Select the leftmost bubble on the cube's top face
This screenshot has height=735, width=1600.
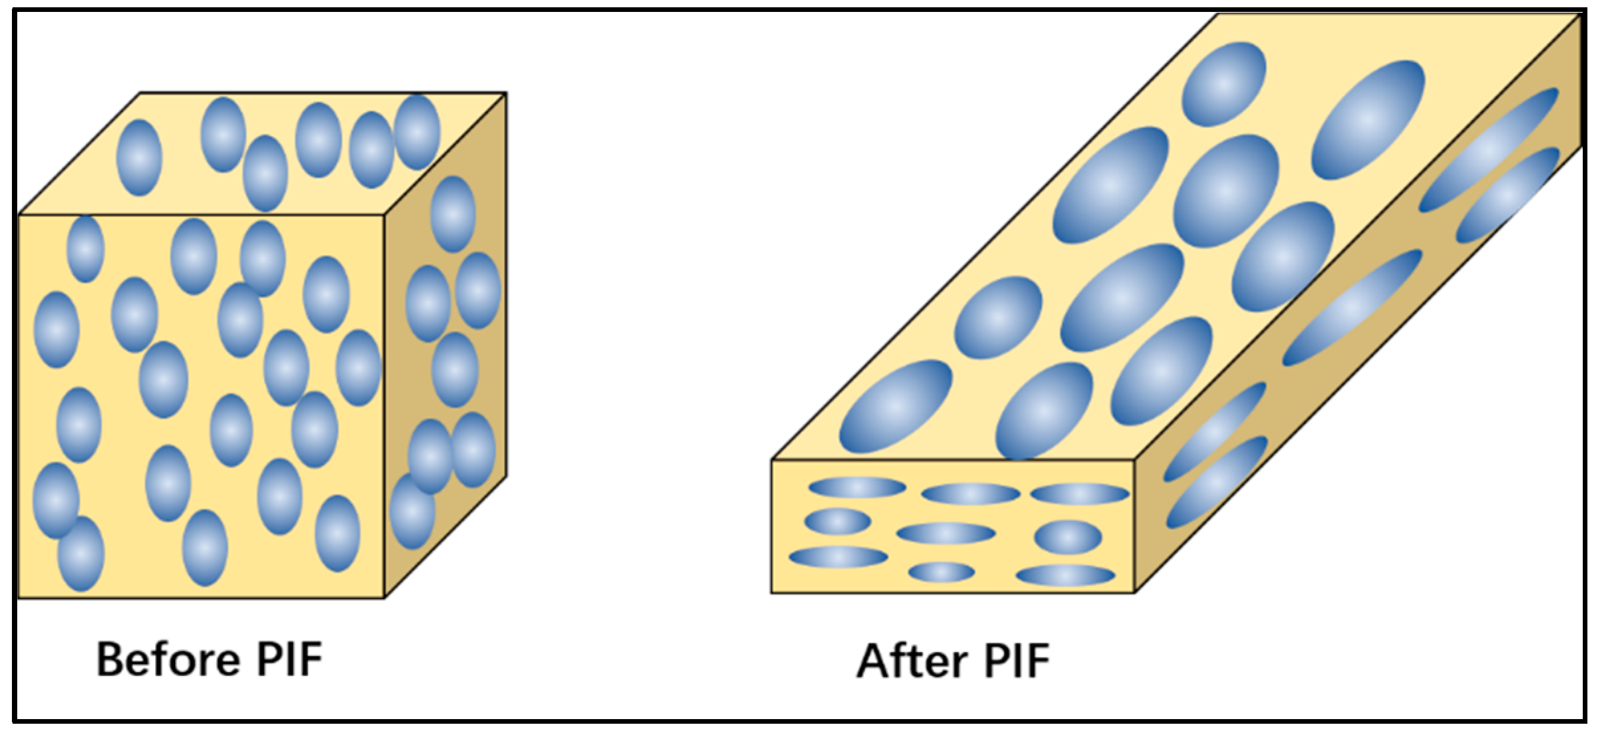(139, 158)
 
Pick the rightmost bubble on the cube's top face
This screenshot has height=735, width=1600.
(417, 133)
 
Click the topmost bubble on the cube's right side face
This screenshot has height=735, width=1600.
(453, 214)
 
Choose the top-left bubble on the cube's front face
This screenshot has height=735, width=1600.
(86, 249)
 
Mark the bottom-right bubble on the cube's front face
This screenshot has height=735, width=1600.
(338, 534)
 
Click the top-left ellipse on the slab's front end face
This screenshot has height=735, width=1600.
(857, 488)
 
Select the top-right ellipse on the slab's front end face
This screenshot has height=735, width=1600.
(1079, 494)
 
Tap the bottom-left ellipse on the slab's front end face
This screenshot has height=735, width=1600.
(838, 557)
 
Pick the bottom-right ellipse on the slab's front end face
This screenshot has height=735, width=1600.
(1066, 575)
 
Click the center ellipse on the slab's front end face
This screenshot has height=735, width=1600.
(946, 534)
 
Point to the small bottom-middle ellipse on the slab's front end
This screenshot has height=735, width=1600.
(942, 572)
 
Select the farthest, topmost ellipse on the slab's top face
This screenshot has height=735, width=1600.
(1224, 84)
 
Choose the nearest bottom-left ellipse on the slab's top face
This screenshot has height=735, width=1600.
(896, 406)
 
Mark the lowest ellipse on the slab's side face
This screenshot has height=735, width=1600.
(1217, 482)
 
